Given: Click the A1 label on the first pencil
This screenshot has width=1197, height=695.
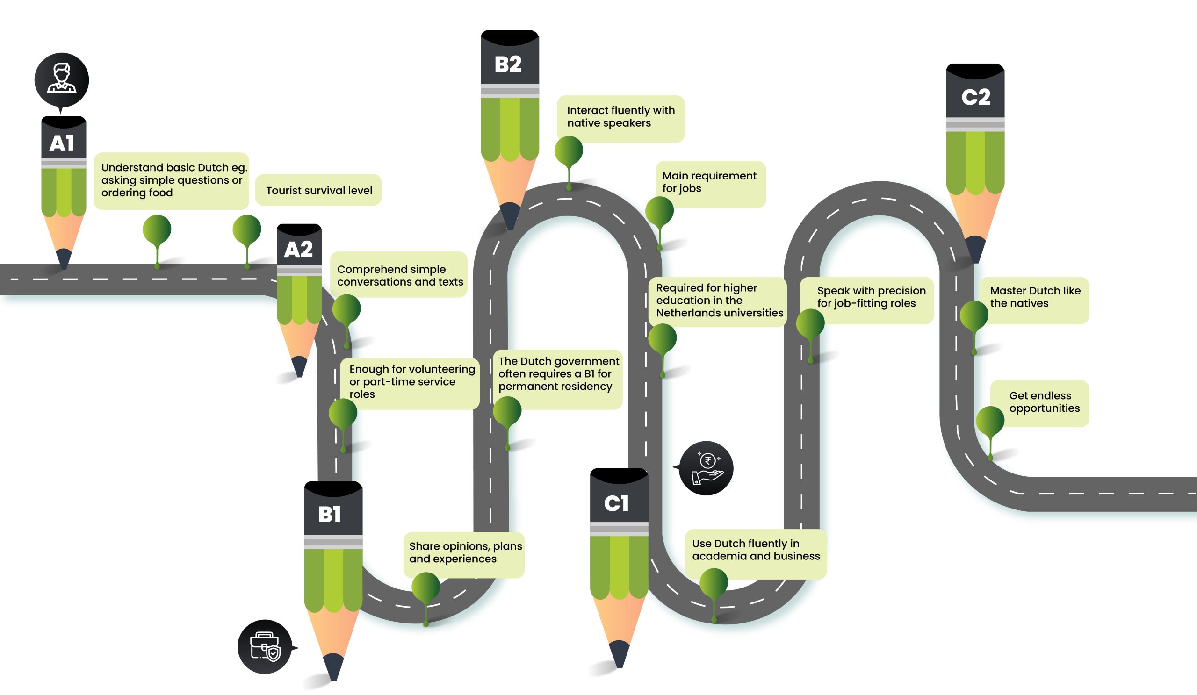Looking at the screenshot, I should pos(62,143).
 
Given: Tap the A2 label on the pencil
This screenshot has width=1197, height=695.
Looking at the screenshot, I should pos(298,249).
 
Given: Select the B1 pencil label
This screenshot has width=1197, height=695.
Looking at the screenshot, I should pos(330,514).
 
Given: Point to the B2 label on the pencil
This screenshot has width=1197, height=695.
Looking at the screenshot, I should pos(508,64).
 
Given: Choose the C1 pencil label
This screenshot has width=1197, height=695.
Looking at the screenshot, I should pos(617,503).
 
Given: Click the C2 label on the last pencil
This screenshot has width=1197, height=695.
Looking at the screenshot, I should pos(976,97).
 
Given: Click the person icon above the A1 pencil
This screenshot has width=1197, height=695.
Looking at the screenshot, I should pos(62,79).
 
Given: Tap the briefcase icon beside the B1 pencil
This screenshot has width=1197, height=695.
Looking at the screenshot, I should pos(265,646).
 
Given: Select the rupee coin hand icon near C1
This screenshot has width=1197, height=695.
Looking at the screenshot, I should pos(707,468).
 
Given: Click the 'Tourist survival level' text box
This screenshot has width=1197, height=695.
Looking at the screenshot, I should pos(318,190).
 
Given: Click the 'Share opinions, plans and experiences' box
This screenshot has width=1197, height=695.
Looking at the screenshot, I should pos(465,553).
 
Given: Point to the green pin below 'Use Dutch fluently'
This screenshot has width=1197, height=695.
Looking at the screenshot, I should pos(714,583).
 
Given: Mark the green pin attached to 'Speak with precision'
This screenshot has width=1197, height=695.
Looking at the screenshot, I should pos(810,324).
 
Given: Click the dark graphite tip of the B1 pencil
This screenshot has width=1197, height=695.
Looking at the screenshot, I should pos(333,666).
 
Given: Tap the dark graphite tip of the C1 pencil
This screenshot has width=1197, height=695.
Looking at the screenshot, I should pos(619,653).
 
